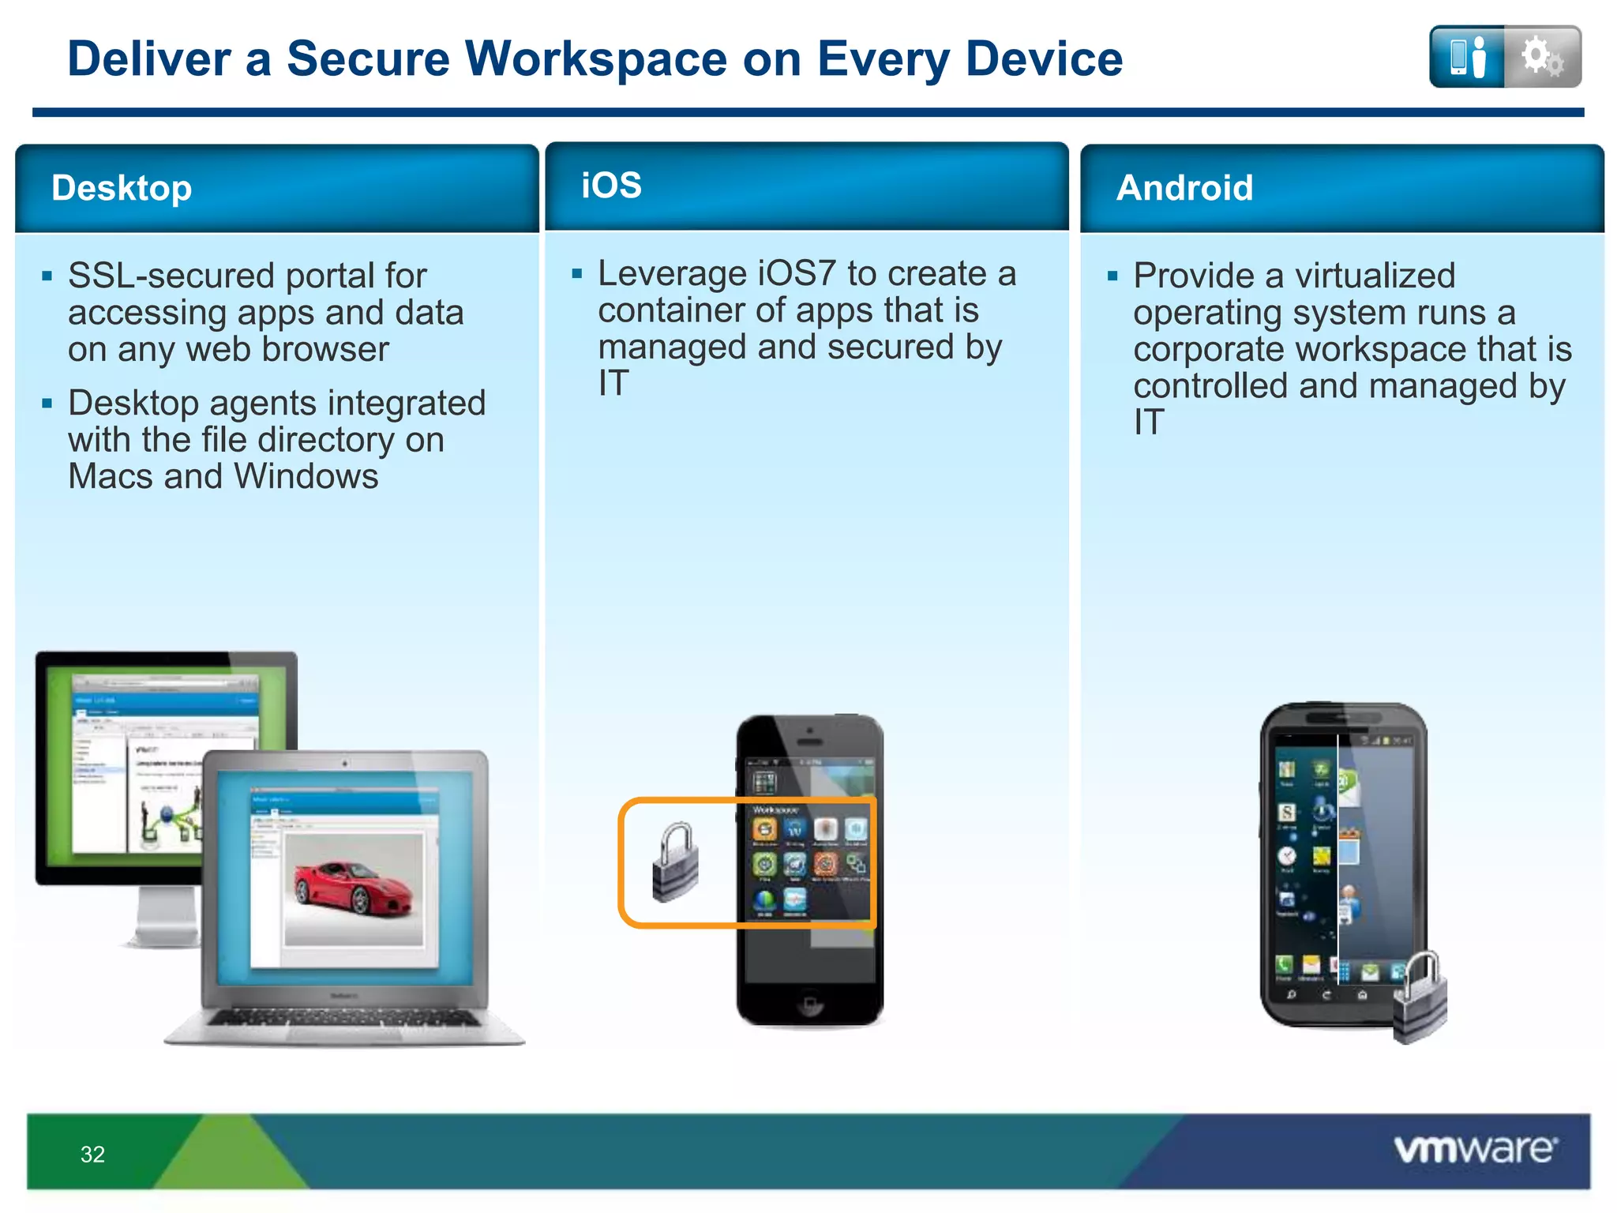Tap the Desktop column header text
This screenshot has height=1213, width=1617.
(x=122, y=188)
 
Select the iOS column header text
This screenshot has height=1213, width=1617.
(x=611, y=186)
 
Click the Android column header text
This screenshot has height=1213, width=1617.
(x=1184, y=188)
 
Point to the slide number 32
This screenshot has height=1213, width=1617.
(x=92, y=1155)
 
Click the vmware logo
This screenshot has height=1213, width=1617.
(x=1475, y=1149)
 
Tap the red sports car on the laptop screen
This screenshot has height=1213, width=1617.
(x=353, y=888)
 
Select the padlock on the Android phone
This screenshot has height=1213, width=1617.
(x=1420, y=999)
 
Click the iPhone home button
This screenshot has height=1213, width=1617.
(x=809, y=1005)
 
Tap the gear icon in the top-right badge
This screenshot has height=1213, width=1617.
(x=1541, y=57)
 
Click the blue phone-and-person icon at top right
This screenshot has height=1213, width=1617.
(x=1467, y=57)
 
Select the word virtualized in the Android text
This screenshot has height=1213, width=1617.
(x=1374, y=276)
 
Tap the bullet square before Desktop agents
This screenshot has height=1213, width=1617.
(x=47, y=404)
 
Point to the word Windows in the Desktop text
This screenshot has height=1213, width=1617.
(x=306, y=476)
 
